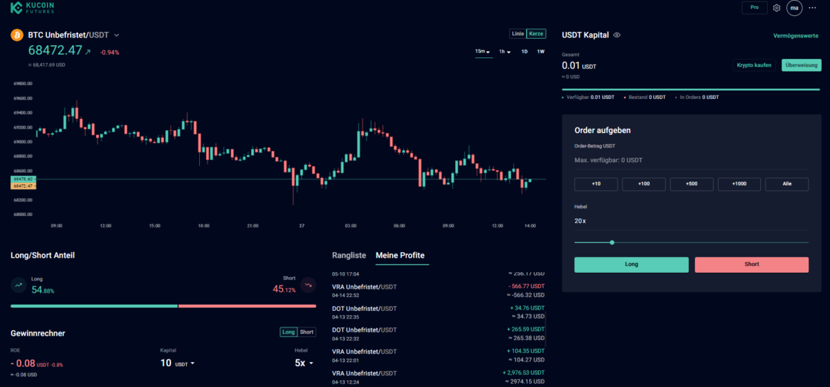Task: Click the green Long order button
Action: coord(631,264)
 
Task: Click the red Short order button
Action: coord(751,264)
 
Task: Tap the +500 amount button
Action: coord(692,184)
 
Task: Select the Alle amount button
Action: coord(786,184)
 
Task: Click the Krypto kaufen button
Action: coord(754,65)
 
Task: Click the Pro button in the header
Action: coord(754,8)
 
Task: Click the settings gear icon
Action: coord(777,8)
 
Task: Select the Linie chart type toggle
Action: coord(517,34)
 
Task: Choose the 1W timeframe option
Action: coord(541,52)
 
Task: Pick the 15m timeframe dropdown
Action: coord(482,52)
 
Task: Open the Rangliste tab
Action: coord(349,255)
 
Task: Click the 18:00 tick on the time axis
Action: coord(203,226)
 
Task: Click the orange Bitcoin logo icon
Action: coord(17,35)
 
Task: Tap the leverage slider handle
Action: coord(612,242)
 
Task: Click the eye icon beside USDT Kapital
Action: coord(617,35)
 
